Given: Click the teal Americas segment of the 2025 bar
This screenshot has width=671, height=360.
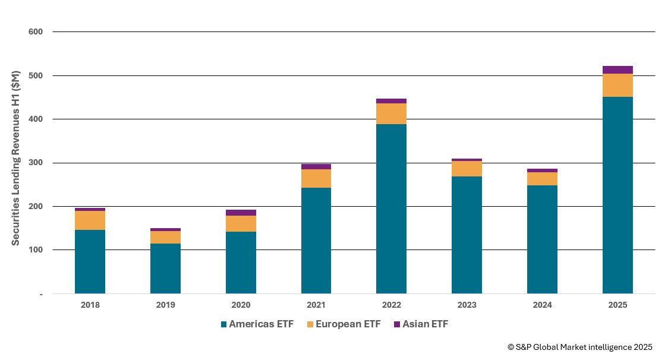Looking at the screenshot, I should [x=618, y=195].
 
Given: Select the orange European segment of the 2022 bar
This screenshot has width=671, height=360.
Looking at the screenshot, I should [x=391, y=113].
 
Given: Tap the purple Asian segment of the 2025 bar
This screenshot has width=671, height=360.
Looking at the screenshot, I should [x=618, y=70].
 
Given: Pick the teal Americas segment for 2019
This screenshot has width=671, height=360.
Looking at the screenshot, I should [x=165, y=269].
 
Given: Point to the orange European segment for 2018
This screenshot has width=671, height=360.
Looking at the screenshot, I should [x=90, y=220].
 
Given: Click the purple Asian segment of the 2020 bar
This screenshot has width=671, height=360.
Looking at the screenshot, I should [x=241, y=213].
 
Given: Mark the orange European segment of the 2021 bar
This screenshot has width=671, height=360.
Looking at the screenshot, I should [x=316, y=178].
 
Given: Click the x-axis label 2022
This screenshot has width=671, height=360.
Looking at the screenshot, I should [x=391, y=305].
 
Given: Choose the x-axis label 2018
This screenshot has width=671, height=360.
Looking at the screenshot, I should [x=90, y=305].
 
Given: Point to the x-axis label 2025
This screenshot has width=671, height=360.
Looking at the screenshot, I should [x=618, y=305].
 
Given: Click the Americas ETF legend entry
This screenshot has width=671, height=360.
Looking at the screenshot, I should [x=257, y=324].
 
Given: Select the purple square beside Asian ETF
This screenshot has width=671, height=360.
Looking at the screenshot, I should [x=397, y=324].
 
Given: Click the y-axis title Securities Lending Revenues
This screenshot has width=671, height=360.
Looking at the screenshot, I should [x=16, y=157].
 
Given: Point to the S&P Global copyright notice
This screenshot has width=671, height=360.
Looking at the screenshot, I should [x=579, y=347].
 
